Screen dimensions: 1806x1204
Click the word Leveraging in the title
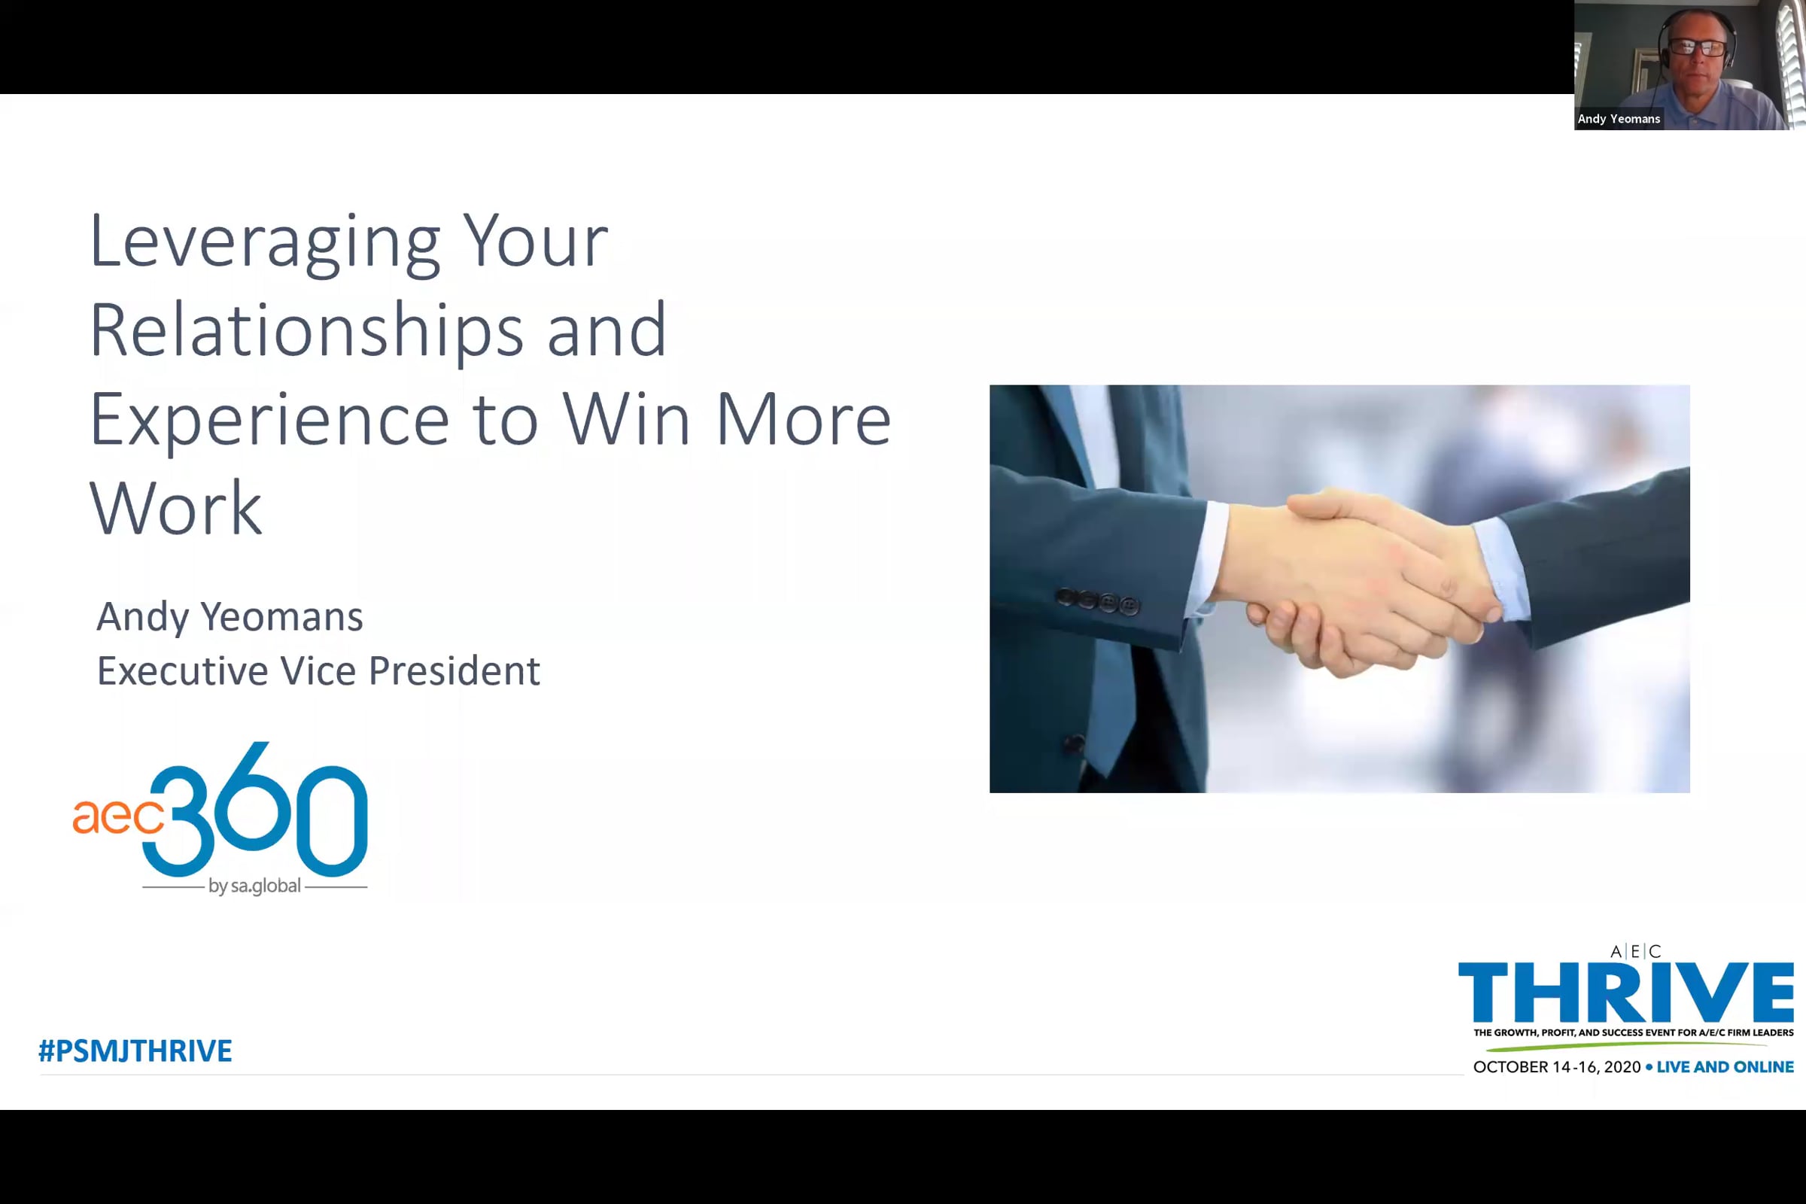[265, 243]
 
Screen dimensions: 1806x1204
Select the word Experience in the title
[269, 421]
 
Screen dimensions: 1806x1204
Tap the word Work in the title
[176, 509]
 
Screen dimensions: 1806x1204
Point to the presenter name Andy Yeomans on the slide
[230, 617]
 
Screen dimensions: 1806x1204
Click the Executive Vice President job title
[318, 671]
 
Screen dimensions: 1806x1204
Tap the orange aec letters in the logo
[118, 817]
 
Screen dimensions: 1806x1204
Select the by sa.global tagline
[254, 886]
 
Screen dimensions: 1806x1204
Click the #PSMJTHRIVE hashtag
[135, 1051]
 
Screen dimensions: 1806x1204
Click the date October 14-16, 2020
[1556, 1067]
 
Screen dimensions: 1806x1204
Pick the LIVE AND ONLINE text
[1725, 1067]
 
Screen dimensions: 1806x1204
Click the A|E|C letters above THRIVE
[1635, 952]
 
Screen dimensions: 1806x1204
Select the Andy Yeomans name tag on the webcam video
[1619, 119]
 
